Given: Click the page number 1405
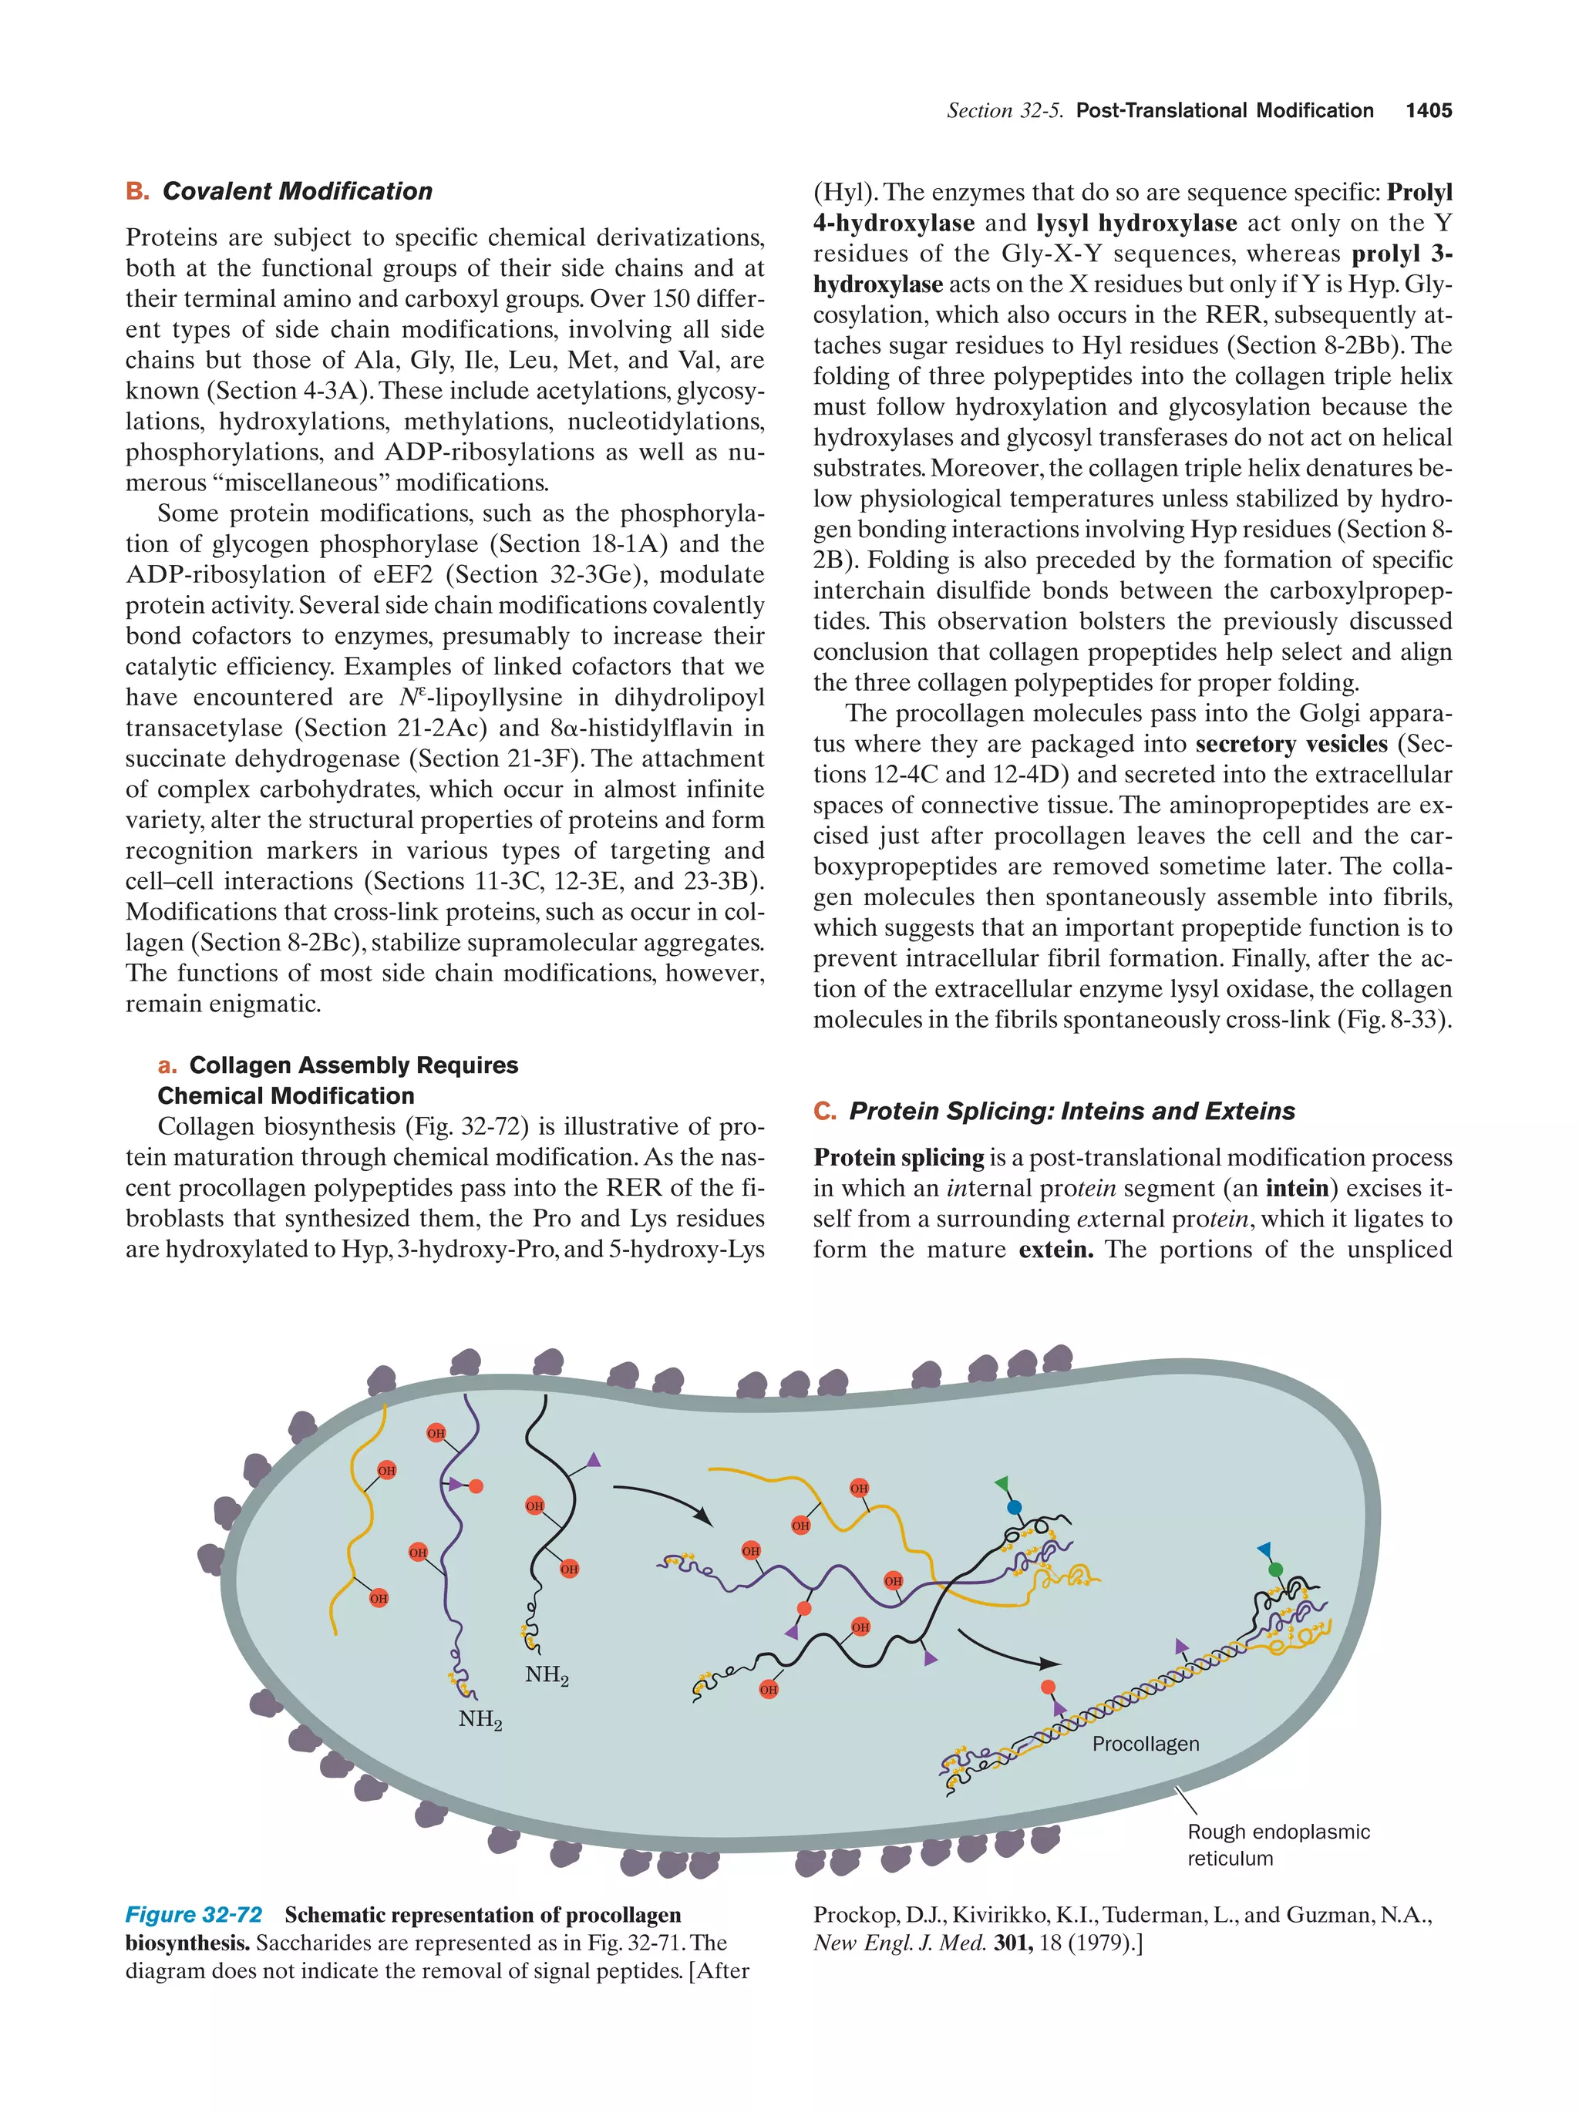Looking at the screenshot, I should pyautogui.click(x=1428, y=111).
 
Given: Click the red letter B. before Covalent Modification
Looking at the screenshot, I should pyautogui.click(x=136, y=191).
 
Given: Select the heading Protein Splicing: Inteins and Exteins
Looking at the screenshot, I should pyautogui.click(x=1071, y=1111).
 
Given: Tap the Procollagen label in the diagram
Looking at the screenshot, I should pyautogui.click(x=1144, y=1743).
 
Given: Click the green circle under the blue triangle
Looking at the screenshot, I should pyautogui.click(x=1275, y=1570).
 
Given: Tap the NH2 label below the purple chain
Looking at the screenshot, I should pyautogui.click(x=480, y=1719).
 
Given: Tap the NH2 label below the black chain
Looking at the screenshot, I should pyautogui.click(x=547, y=1674).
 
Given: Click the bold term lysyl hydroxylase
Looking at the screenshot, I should pyautogui.click(x=1136, y=224).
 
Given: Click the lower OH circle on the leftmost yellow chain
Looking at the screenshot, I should pyautogui.click(x=379, y=1598).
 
